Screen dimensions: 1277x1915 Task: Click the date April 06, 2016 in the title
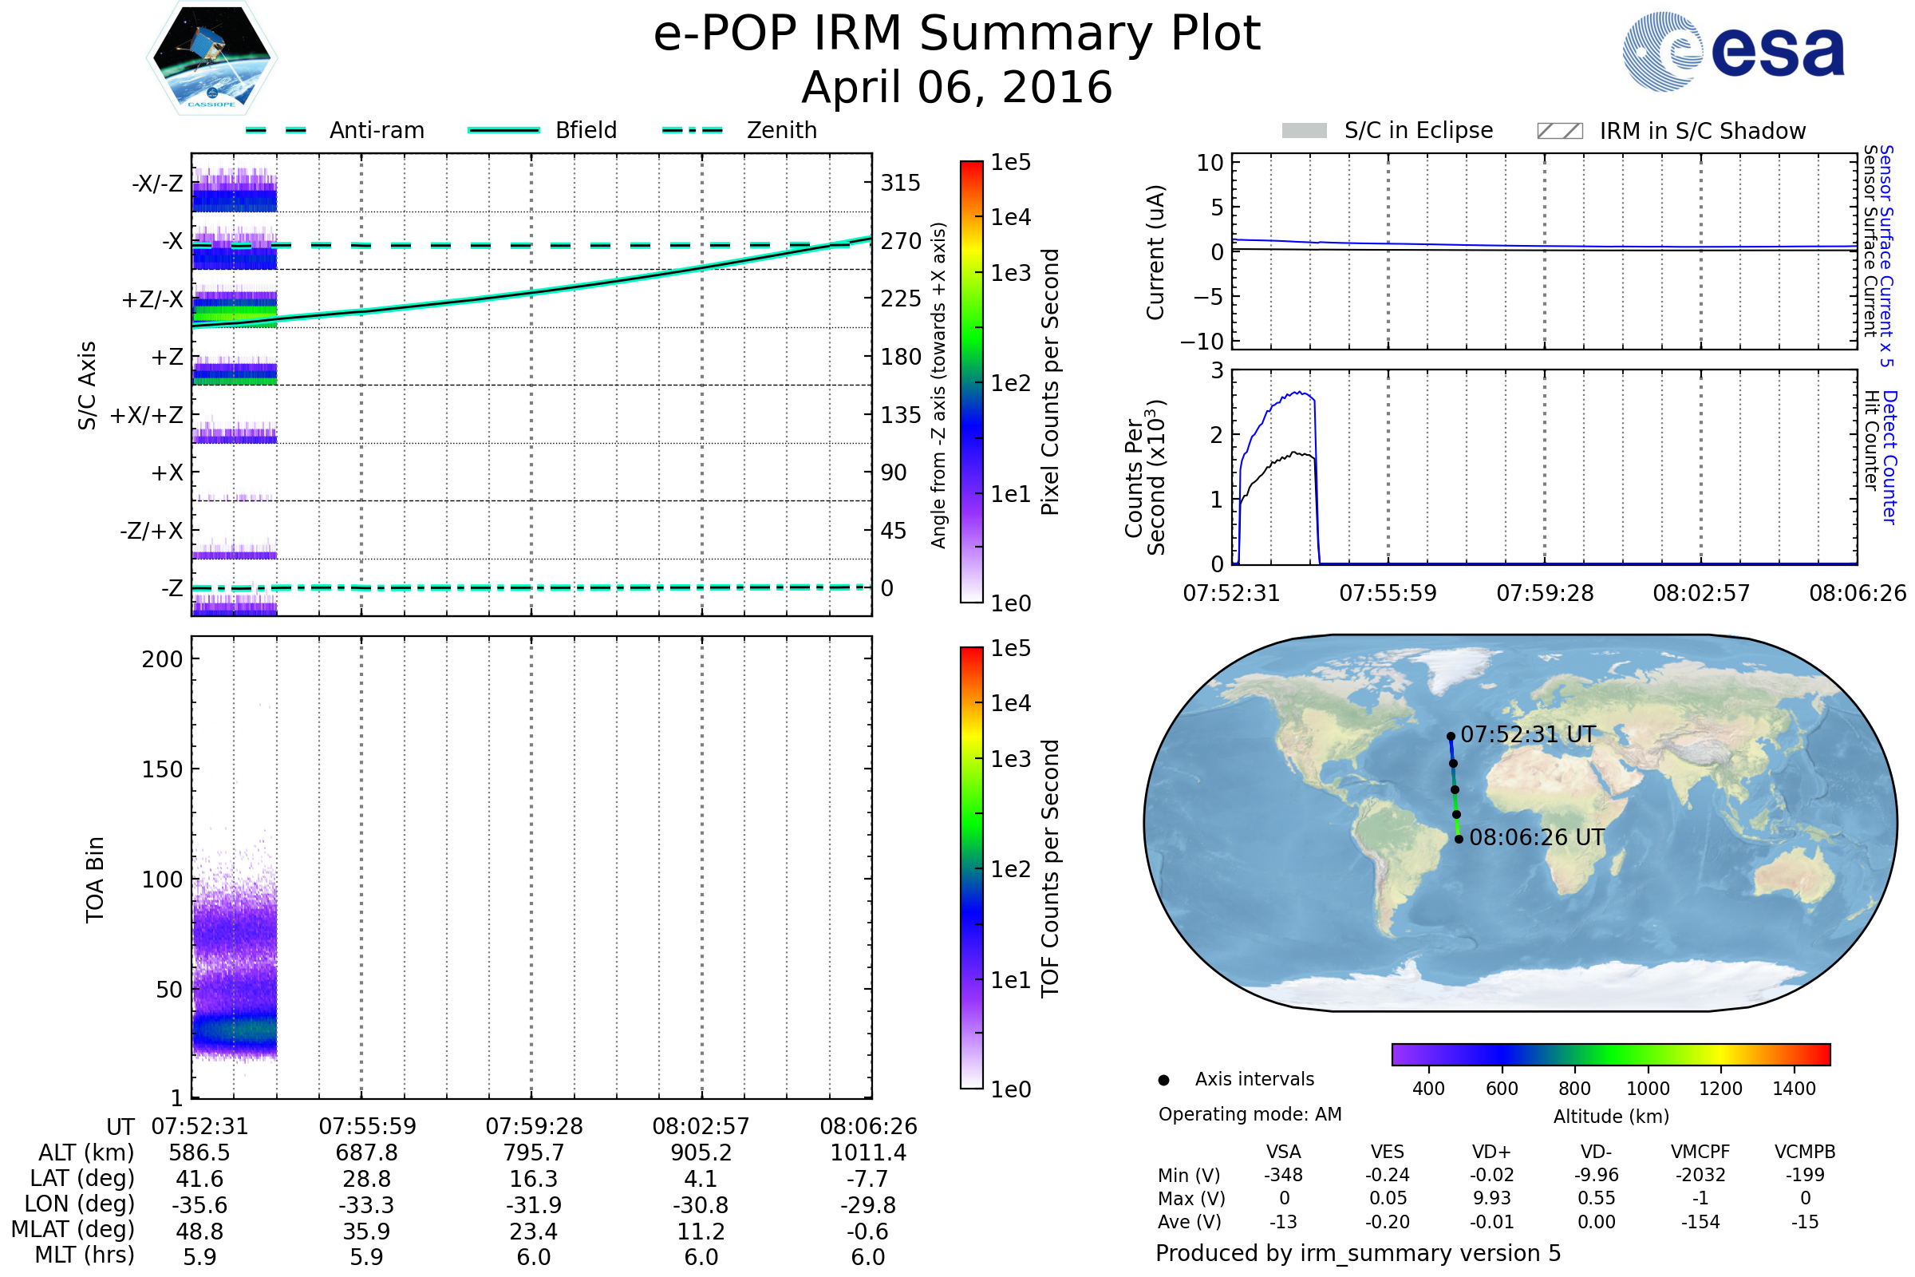click(x=957, y=87)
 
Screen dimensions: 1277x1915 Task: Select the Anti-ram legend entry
click(x=376, y=130)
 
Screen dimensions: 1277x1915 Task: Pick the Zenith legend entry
click(x=781, y=130)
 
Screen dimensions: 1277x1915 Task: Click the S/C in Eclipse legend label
click(x=1418, y=130)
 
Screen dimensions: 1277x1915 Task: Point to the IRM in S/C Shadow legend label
click(x=1702, y=131)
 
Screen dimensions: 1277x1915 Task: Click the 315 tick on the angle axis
click(x=900, y=183)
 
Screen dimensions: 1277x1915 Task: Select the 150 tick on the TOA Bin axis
click(x=162, y=769)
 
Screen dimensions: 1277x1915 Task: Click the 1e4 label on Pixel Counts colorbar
click(x=1010, y=217)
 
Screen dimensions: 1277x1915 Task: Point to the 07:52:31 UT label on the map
click(x=1527, y=734)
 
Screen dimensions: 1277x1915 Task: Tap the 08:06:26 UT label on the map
click(x=1537, y=837)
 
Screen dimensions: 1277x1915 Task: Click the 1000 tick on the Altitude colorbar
click(x=1648, y=1089)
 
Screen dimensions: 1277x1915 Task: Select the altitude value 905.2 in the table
click(x=701, y=1152)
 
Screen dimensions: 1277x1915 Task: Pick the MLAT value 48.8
click(x=199, y=1231)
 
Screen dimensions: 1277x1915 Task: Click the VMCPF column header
click(x=1700, y=1152)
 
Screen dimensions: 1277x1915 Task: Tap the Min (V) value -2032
click(x=1700, y=1175)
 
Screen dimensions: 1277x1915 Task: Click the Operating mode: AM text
click(x=1250, y=1114)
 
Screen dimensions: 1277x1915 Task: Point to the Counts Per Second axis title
click(x=1145, y=477)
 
